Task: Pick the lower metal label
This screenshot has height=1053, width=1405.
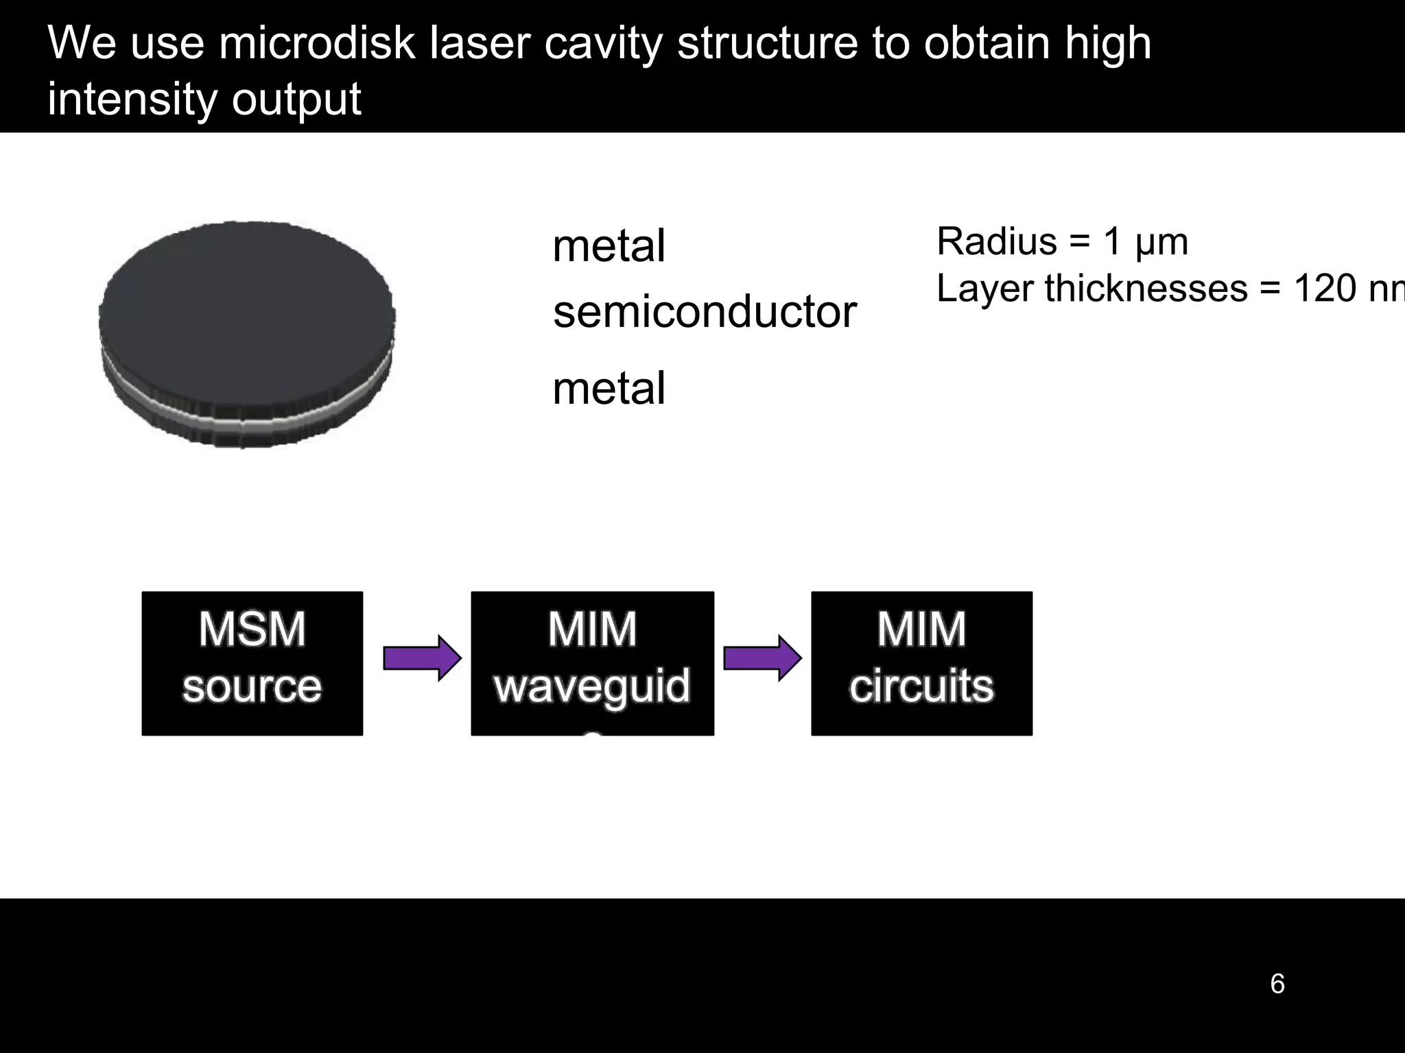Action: (609, 388)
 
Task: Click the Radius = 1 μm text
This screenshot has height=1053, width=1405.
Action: (1062, 241)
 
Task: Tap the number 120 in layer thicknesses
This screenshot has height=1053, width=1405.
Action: (1325, 288)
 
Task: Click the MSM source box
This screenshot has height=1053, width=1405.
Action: (252, 663)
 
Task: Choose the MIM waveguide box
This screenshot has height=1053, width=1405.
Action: (592, 663)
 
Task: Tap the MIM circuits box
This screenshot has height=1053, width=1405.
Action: (921, 663)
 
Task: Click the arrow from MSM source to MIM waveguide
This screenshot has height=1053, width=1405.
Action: (421, 658)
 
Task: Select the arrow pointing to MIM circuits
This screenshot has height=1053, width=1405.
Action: (761, 658)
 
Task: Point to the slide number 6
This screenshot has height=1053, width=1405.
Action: (1277, 984)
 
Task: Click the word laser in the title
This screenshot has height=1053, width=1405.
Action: (480, 43)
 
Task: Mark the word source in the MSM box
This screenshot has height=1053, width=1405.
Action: (252, 686)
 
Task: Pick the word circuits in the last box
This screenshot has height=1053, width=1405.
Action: (921, 686)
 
